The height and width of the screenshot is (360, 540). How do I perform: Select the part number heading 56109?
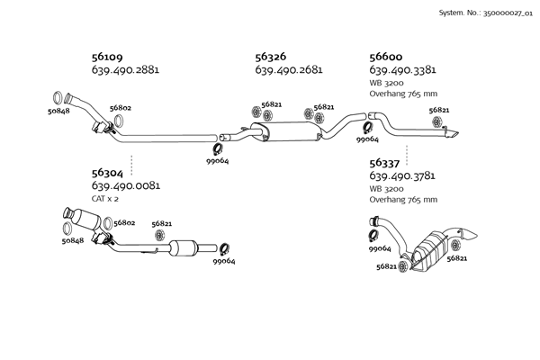click(x=107, y=56)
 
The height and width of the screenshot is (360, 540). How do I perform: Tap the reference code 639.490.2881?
click(x=125, y=70)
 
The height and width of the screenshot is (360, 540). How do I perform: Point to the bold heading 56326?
click(x=271, y=56)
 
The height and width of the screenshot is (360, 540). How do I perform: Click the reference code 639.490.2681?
click(x=289, y=70)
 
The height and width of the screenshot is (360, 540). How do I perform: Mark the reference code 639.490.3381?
click(x=403, y=70)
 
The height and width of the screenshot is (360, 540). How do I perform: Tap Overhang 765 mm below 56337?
click(x=403, y=200)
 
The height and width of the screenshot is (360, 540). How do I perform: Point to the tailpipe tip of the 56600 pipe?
click(x=454, y=134)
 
